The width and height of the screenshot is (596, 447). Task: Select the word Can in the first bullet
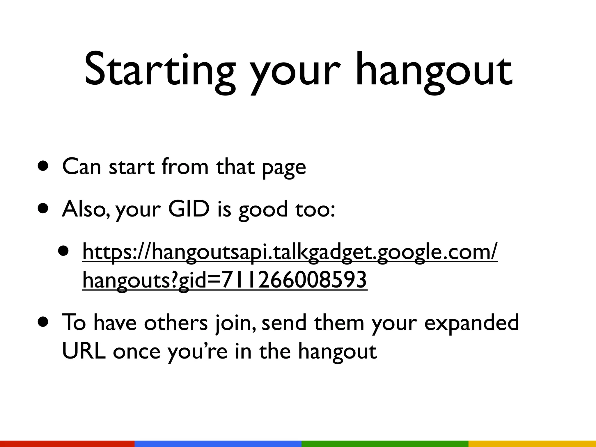pyautogui.click(x=81, y=166)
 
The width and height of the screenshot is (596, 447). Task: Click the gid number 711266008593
pyautogui.click(x=294, y=280)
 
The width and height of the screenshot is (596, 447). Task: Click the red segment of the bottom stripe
pyautogui.click(x=67, y=444)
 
